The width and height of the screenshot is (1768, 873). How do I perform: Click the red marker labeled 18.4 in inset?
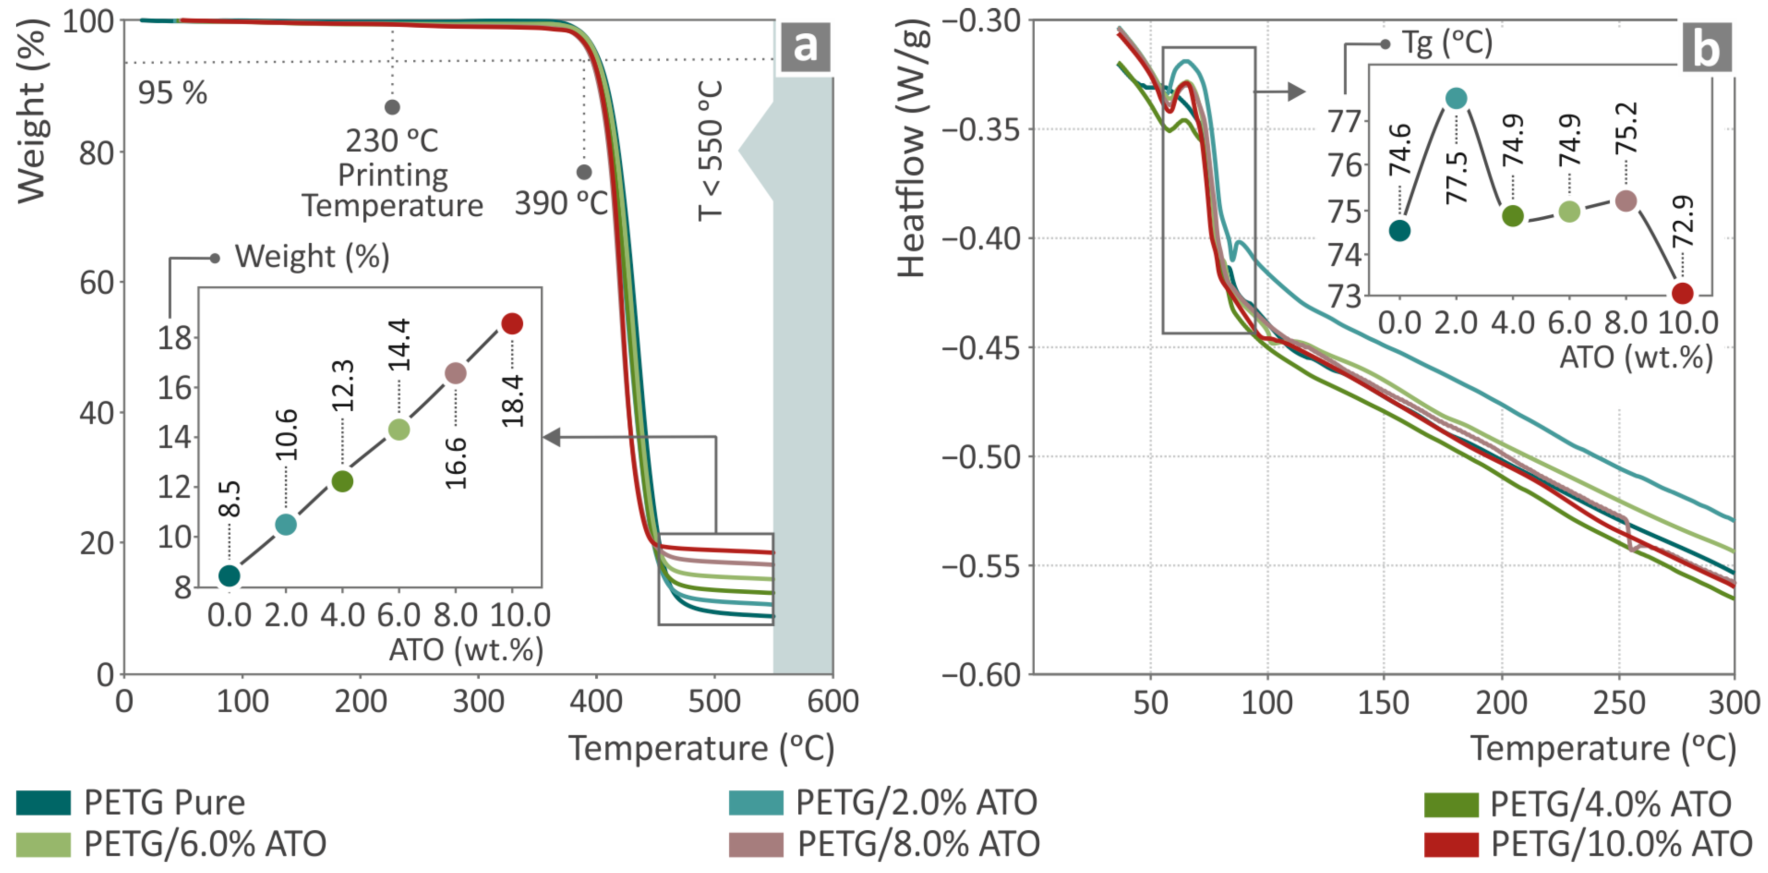(x=512, y=323)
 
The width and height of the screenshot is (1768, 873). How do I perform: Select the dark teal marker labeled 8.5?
(x=229, y=576)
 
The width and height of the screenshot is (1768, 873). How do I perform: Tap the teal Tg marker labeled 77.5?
(x=1456, y=99)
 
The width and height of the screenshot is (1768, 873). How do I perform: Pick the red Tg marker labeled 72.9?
(x=1682, y=293)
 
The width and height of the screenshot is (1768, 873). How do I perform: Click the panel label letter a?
(x=804, y=47)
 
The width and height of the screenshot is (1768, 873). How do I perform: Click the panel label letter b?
(x=1706, y=47)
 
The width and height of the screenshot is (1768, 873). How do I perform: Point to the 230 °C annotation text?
(x=392, y=141)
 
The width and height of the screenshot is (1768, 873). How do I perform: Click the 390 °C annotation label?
(x=561, y=203)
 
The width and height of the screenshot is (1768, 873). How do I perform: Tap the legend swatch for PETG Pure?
(x=43, y=802)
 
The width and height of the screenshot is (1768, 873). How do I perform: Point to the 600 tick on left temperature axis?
(x=832, y=702)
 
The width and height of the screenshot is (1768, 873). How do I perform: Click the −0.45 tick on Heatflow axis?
(x=981, y=348)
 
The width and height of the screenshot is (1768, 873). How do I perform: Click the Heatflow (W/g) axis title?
(x=912, y=148)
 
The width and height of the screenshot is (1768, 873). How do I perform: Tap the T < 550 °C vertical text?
(x=710, y=151)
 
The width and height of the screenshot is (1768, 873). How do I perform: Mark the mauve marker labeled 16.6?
(x=456, y=373)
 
